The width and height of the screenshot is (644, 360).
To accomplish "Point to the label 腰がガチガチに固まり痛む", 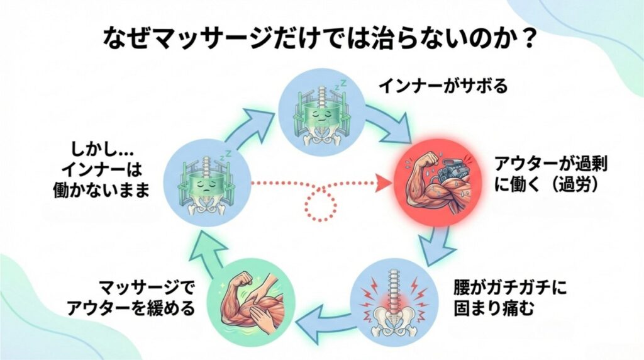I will pos(509,301).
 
